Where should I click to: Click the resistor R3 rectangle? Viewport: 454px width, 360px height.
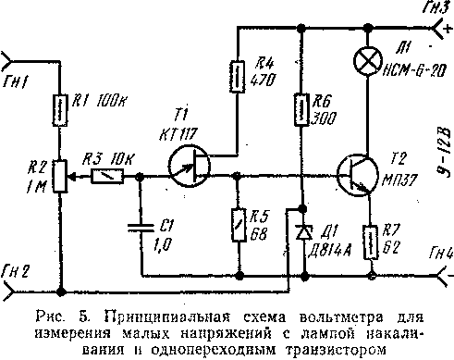tap(113, 175)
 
